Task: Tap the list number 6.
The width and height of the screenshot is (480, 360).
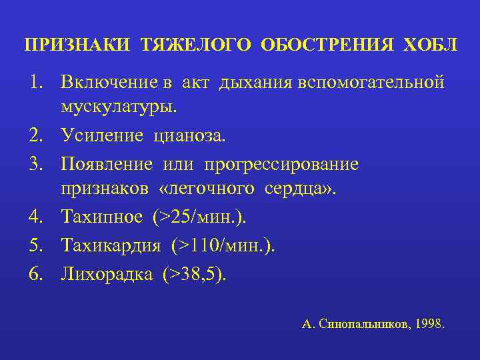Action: pyautogui.click(x=35, y=274)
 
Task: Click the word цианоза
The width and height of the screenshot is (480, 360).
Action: pyautogui.click(x=190, y=136)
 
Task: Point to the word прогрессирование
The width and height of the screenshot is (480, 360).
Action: pyautogui.click(x=281, y=164)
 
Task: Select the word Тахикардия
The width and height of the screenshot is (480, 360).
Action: pyautogui.click(x=111, y=245)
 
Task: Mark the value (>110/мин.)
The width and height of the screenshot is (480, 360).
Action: pyautogui.click(x=223, y=245)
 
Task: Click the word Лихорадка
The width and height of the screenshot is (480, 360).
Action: pyautogui.click(x=106, y=274)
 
